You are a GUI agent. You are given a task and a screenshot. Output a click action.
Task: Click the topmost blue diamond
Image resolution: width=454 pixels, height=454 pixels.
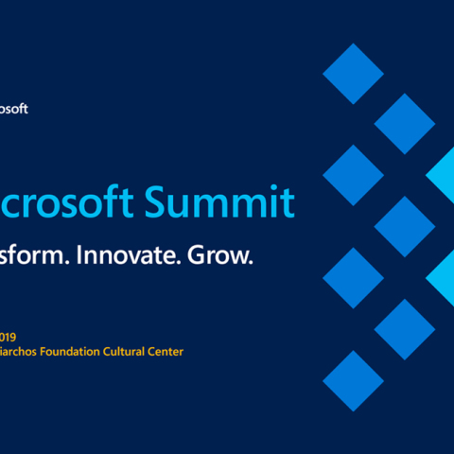click(353, 73)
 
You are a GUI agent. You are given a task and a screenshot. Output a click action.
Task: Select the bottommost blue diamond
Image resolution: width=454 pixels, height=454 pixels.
click(353, 380)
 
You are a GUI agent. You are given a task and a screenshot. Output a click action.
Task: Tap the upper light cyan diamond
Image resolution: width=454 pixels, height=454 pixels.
click(445, 175)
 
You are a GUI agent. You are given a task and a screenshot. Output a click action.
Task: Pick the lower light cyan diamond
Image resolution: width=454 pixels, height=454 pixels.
click(445, 277)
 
